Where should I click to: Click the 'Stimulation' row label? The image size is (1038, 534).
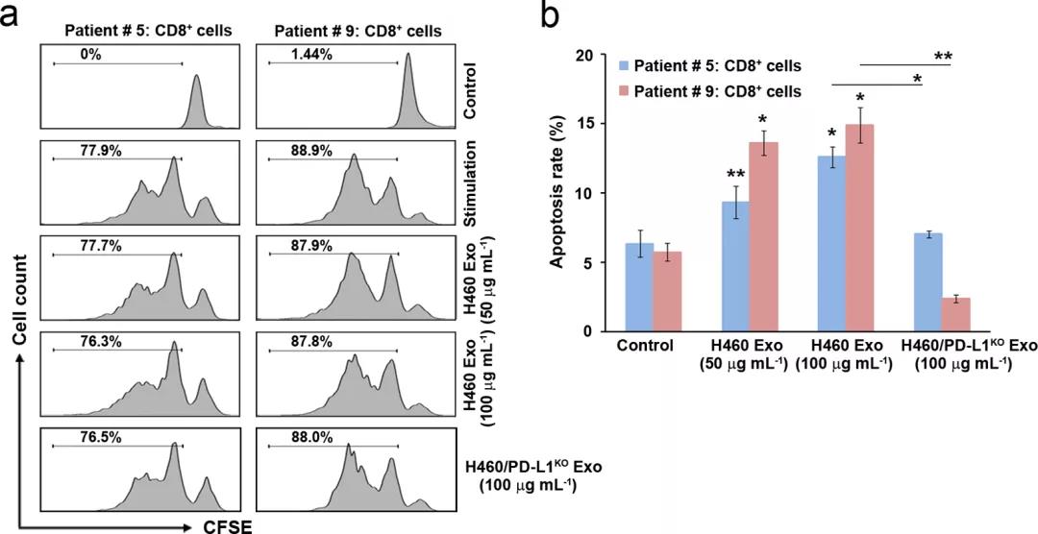tap(469, 185)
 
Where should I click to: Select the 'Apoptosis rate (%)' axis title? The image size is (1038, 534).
tap(558, 192)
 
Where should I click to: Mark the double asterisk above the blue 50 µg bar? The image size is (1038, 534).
tap(735, 174)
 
